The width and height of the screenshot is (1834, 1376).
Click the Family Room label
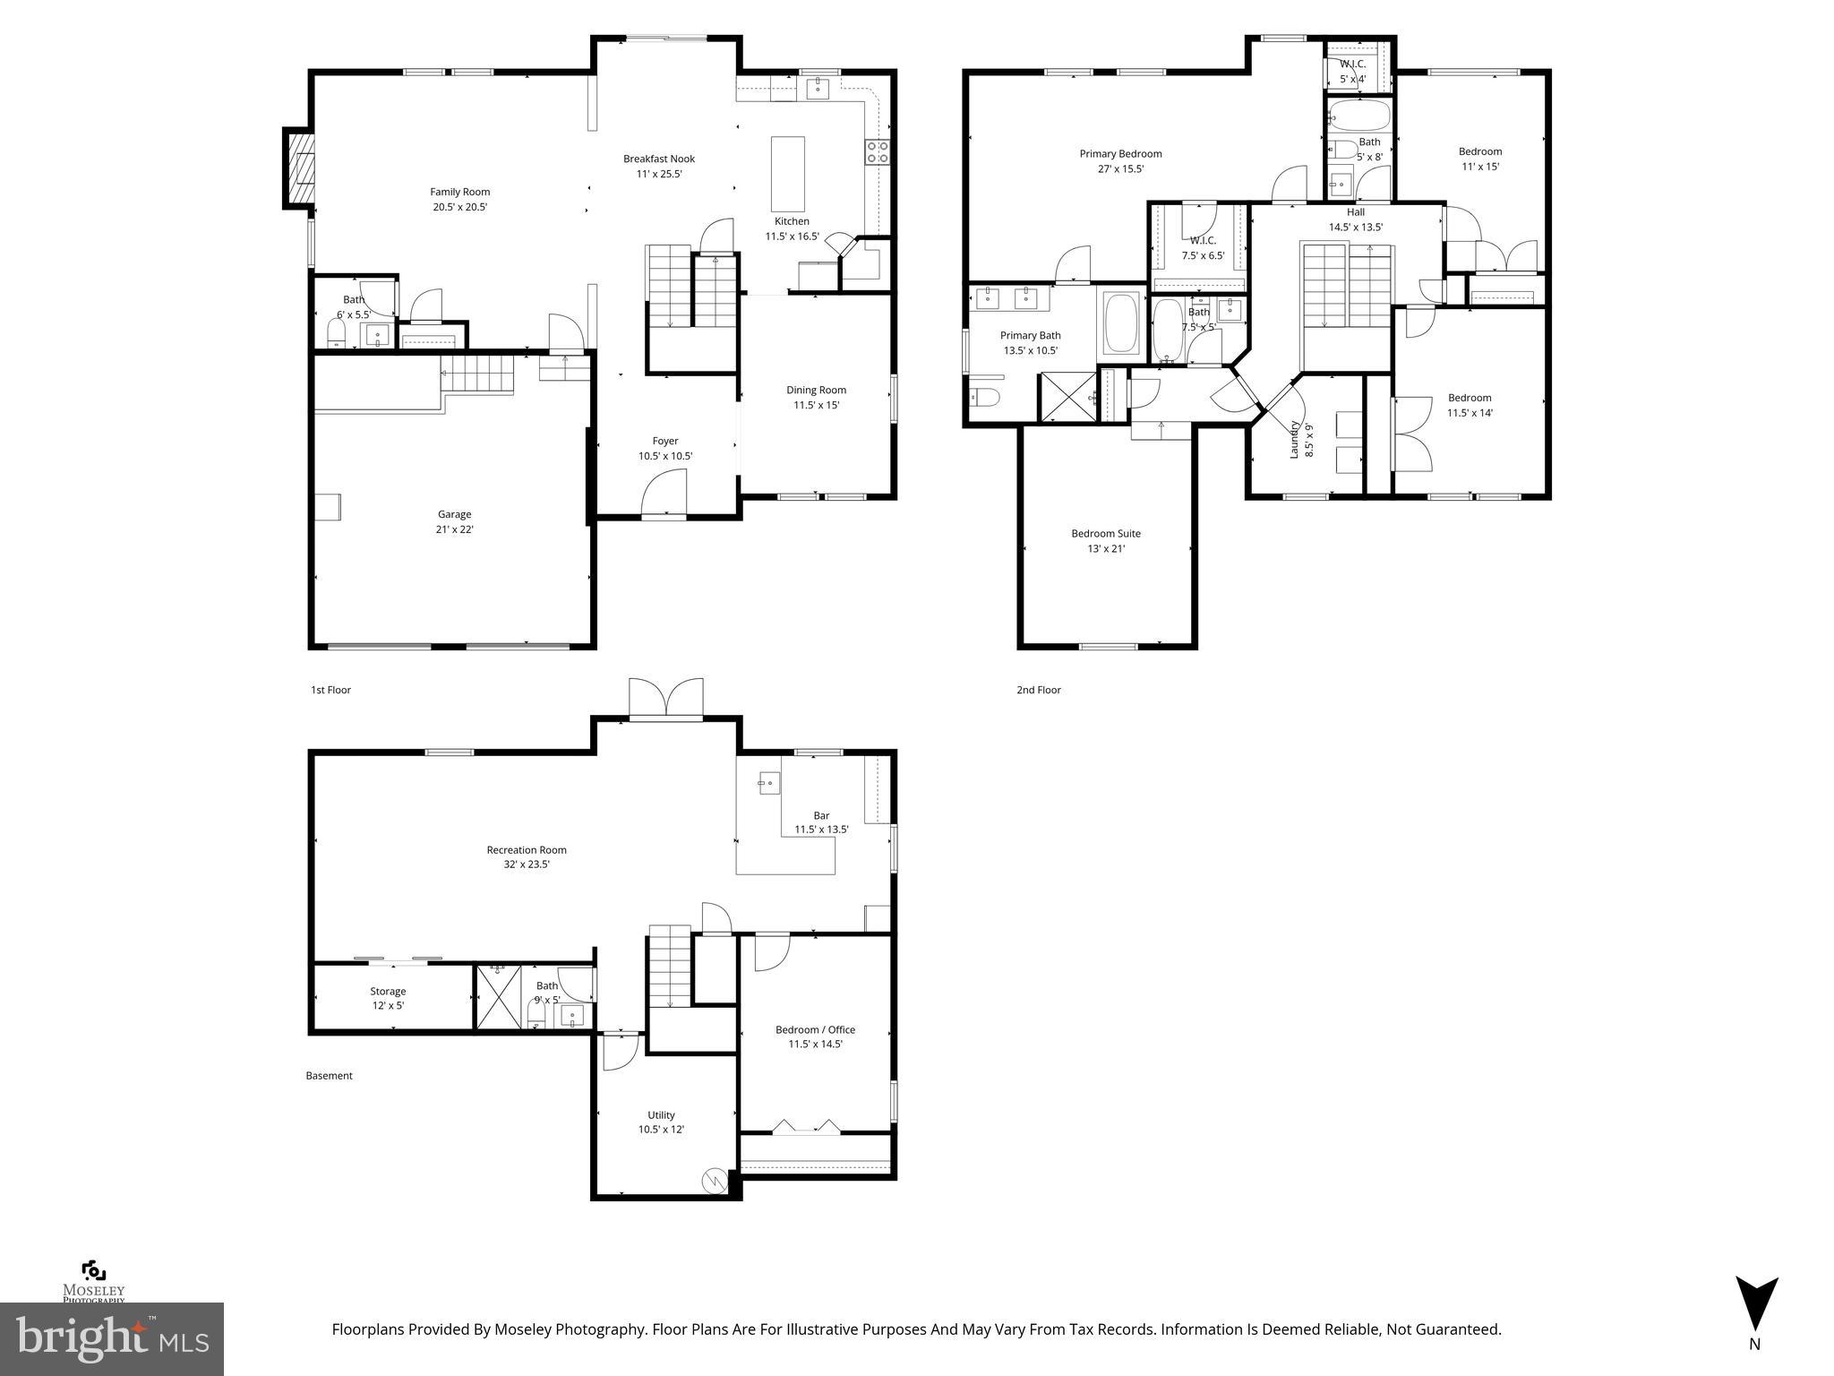(x=459, y=192)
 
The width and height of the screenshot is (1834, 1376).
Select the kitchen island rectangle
(x=788, y=174)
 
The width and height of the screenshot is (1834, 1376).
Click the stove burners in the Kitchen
(x=877, y=151)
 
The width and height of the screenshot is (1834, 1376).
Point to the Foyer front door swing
(x=664, y=494)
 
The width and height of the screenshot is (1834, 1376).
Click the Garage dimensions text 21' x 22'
(x=454, y=529)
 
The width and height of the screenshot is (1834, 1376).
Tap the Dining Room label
(x=816, y=390)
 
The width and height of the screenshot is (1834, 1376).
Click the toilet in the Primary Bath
(x=984, y=397)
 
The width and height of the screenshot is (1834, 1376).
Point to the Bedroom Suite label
(x=1106, y=533)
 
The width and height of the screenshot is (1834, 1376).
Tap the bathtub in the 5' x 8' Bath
(x=1359, y=116)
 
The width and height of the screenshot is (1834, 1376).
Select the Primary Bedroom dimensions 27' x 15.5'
(x=1120, y=169)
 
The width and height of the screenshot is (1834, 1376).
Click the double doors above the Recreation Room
(x=666, y=698)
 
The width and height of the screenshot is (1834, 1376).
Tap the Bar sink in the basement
(x=768, y=783)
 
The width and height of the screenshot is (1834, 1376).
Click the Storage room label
(x=388, y=991)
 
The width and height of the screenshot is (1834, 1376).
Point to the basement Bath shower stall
(x=498, y=997)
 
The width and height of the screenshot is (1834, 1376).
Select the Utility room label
(x=661, y=1115)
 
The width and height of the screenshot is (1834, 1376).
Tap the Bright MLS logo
(x=112, y=1338)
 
